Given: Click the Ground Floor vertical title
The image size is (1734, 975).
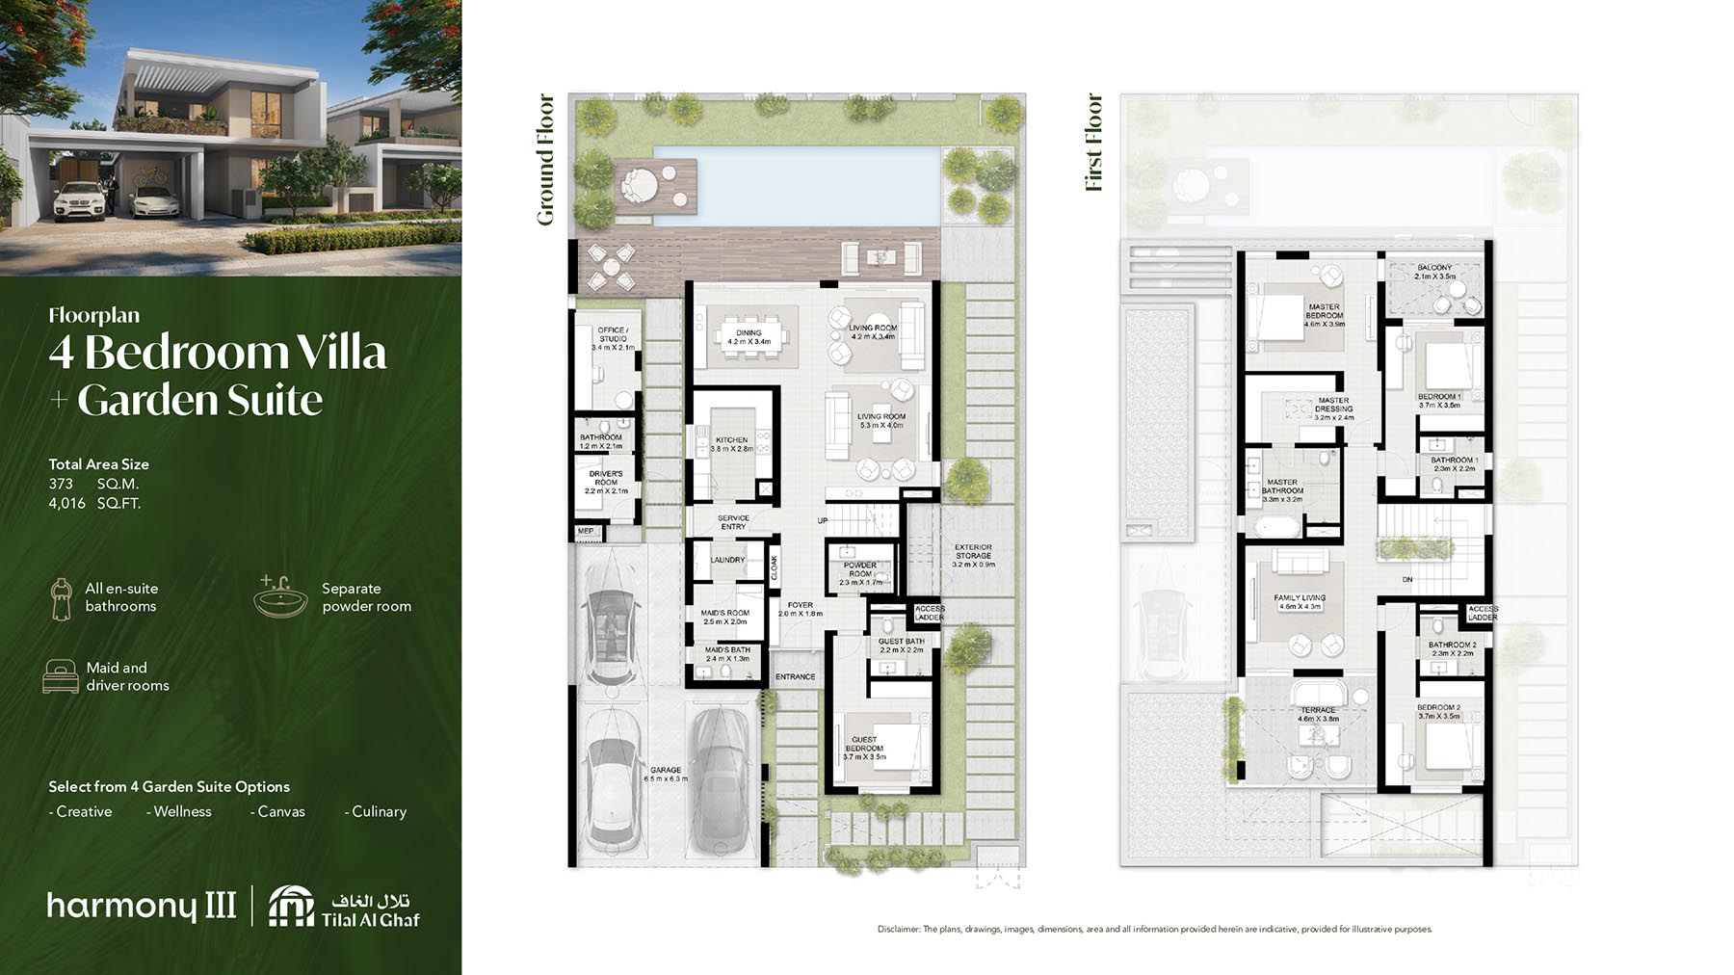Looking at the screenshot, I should point(545,160).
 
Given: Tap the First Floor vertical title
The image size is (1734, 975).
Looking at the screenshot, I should point(1094,143).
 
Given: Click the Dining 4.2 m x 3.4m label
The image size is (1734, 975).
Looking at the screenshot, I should point(749,337).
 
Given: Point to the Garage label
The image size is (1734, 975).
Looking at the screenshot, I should point(666,774).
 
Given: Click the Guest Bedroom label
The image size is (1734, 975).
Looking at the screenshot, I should point(864,748).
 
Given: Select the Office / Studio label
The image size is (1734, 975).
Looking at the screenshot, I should point(613,338).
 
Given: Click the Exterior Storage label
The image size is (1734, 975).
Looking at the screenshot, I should point(973,555).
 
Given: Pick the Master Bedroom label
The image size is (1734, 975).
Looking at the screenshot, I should point(1324,315).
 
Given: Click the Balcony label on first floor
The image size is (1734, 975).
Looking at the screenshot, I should point(1434,272).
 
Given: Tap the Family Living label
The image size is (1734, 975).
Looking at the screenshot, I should point(1300,602).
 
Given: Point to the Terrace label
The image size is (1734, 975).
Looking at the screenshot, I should point(1318,714).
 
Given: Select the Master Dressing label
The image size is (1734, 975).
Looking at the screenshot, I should point(1333,408).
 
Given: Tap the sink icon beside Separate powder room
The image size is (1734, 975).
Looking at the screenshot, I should point(281,596).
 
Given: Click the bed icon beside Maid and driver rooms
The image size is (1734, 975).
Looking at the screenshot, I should point(61,676).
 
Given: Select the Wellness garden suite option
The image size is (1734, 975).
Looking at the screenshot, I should point(179,811).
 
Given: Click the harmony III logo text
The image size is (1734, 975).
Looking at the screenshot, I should point(142,906).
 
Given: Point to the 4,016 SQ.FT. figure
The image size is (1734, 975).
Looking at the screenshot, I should point(94,503).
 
